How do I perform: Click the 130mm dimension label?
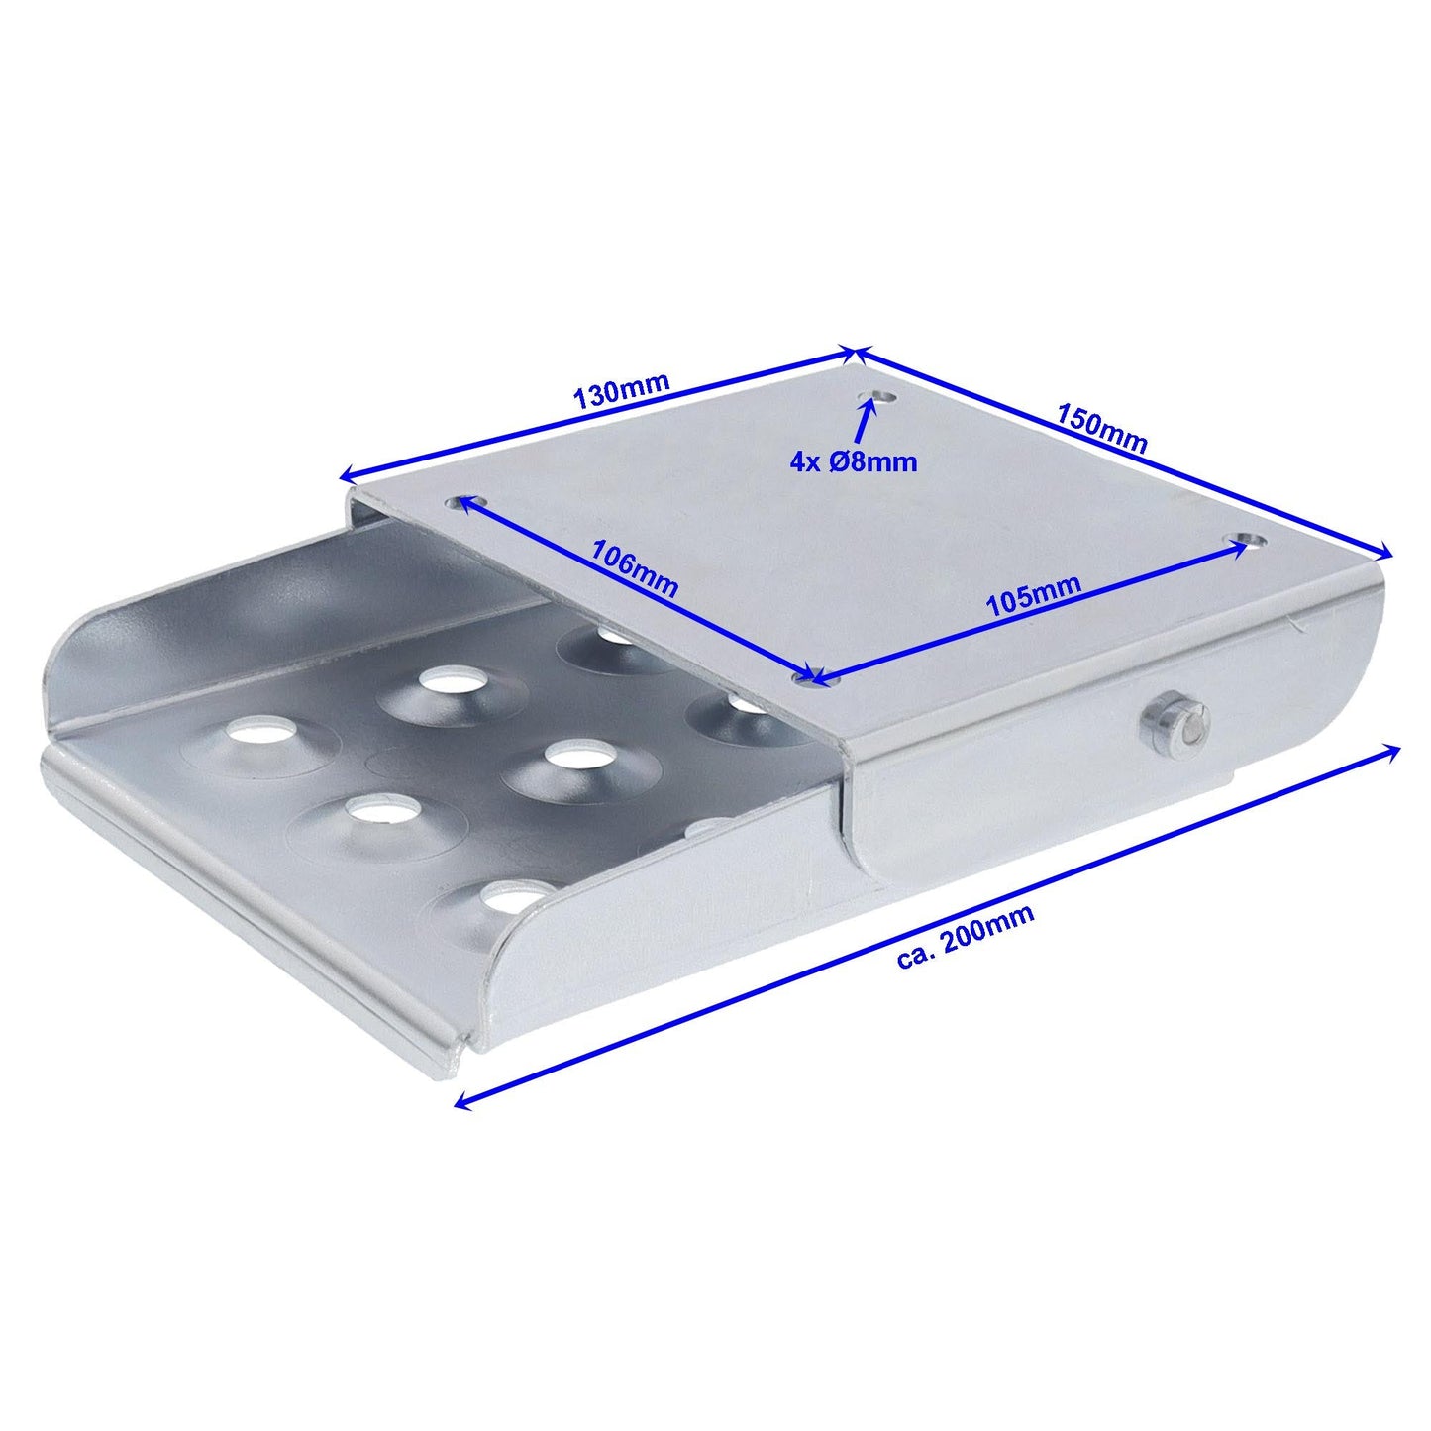click(x=622, y=391)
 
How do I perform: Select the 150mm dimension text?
click(x=1101, y=427)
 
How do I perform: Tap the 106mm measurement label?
click(x=634, y=567)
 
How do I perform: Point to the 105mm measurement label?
click(x=1032, y=598)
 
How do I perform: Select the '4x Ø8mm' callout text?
click(x=854, y=460)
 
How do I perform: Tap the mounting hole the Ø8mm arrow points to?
click(x=874, y=398)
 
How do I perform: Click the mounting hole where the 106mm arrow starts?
click(x=461, y=502)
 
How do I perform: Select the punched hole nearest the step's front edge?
click(x=513, y=896)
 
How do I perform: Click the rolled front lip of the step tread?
click(x=248, y=911)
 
